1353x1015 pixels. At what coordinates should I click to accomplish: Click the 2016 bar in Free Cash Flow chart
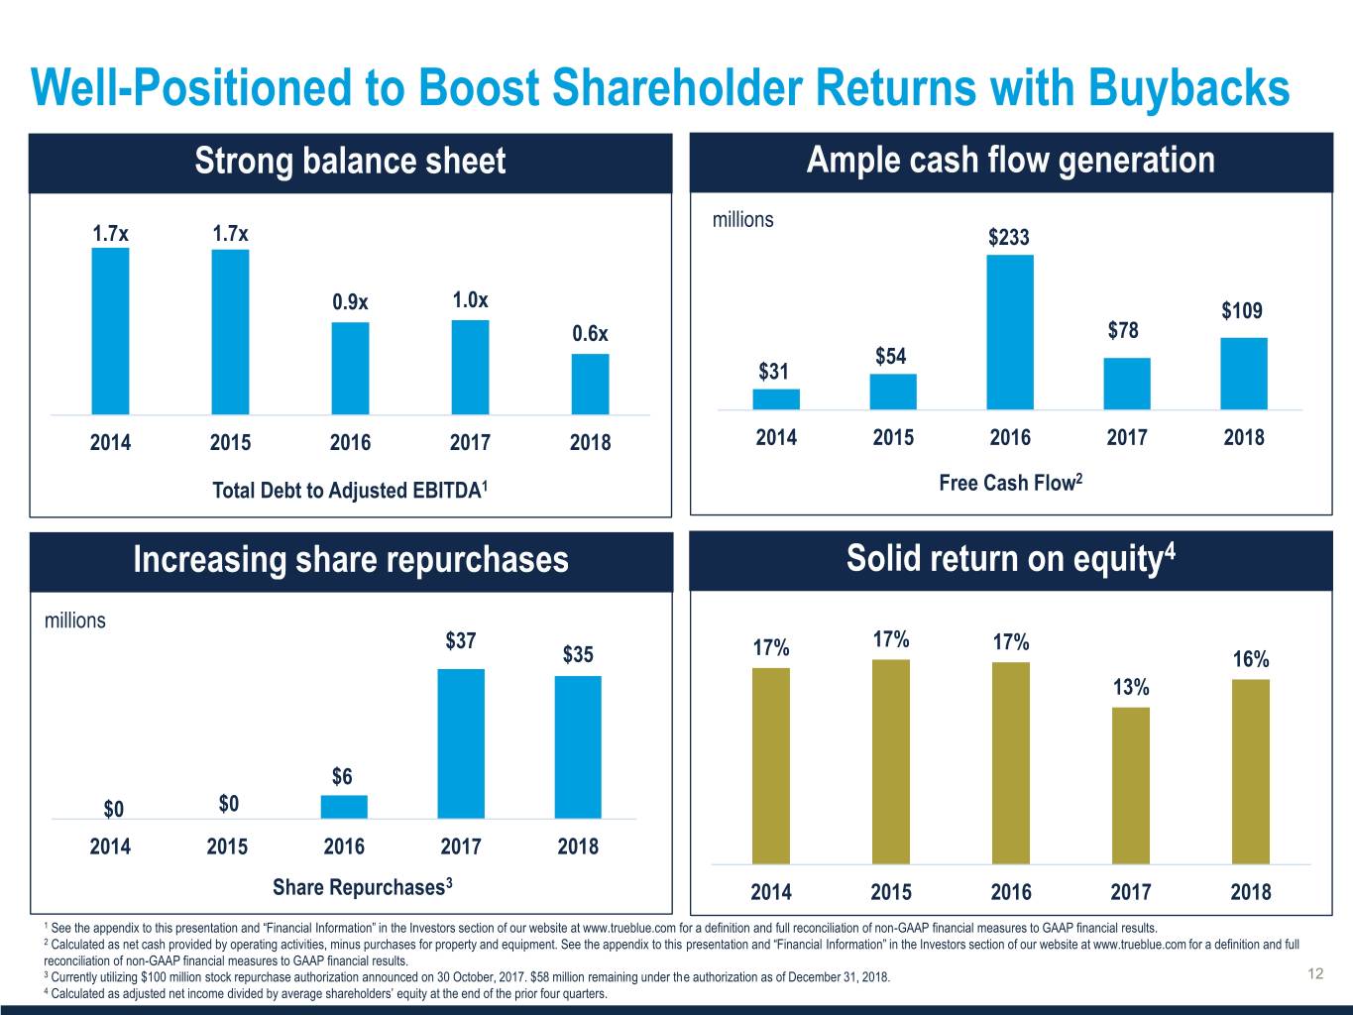click(x=1009, y=332)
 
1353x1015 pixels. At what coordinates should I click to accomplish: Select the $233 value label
click(x=1009, y=238)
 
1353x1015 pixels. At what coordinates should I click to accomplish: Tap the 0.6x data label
click(x=590, y=333)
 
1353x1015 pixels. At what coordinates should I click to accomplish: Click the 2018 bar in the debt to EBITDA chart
click(x=590, y=384)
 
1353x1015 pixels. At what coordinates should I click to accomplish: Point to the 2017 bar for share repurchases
click(x=461, y=743)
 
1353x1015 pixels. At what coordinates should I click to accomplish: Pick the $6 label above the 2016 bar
click(x=342, y=776)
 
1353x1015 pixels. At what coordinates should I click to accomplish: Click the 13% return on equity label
click(x=1131, y=688)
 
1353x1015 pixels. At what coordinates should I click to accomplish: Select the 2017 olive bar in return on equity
click(x=1131, y=785)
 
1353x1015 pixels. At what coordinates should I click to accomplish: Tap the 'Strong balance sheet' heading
click(x=350, y=162)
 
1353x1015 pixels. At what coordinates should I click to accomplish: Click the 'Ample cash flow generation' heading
click(x=1010, y=161)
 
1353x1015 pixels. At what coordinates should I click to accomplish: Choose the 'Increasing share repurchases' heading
click(x=350, y=560)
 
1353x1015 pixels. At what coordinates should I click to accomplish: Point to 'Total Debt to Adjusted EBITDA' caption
click(x=349, y=490)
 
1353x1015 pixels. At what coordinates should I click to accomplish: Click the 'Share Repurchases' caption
click(x=363, y=886)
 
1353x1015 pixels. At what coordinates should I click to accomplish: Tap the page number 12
click(x=1315, y=974)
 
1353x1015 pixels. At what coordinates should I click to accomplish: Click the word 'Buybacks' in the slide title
click(x=1188, y=88)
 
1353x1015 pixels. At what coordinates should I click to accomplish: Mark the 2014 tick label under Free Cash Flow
click(x=776, y=437)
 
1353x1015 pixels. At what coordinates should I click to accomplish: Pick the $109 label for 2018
click(x=1242, y=311)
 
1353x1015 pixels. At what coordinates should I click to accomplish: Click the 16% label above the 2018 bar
click(x=1250, y=660)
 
